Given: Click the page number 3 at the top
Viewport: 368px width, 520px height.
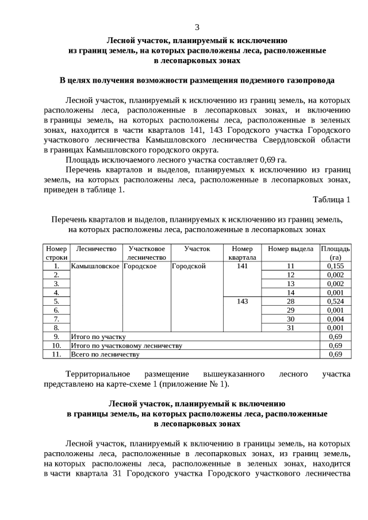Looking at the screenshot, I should click(197, 27).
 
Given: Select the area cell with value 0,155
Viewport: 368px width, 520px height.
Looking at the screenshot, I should click(335, 266).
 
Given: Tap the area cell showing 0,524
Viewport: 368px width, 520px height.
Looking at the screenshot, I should click(335, 301).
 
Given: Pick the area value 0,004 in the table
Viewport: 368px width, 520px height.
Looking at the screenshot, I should click(335, 318).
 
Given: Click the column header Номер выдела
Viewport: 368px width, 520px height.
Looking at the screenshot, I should click(290, 249).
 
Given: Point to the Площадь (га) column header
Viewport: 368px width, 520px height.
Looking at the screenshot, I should click(335, 253).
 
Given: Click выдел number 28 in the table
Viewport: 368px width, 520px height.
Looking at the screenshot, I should click(290, 301).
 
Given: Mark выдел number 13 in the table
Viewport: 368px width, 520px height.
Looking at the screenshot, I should click(290, 283).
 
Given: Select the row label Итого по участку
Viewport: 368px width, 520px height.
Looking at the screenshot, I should click(98, 336).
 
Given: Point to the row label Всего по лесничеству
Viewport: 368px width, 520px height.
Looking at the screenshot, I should click(105, 354).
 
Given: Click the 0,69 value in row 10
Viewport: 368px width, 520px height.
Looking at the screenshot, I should click(335, 345).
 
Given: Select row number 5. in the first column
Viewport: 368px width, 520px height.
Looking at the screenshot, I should click(56, 301).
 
